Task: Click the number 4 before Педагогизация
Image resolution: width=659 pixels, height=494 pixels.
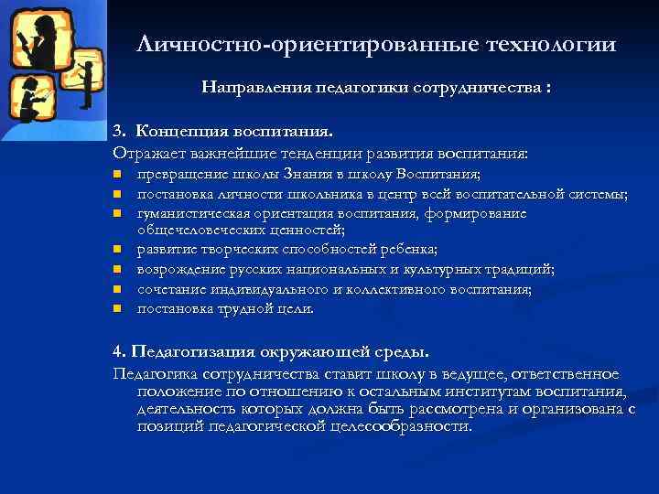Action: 117,351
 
